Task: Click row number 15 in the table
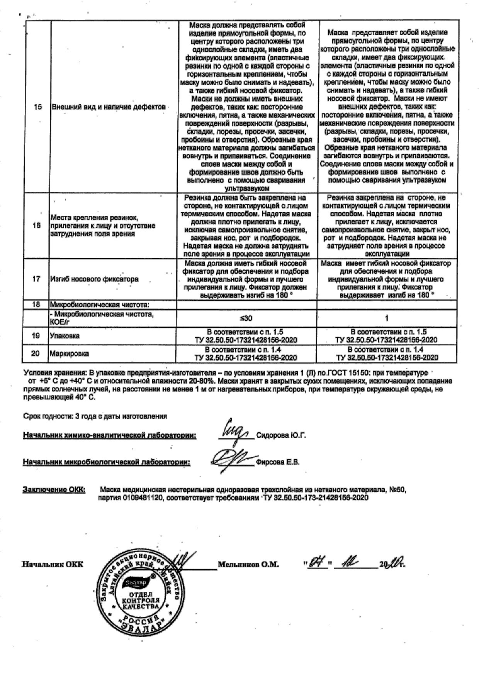click(37, 107)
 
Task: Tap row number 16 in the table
click(36, 225)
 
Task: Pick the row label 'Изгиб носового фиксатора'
click(94, 279)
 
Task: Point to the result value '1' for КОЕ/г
click(387, 318)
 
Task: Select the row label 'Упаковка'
click(65, 336)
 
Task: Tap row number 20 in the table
click(35, 354)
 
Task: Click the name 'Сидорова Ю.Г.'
click(281, 435)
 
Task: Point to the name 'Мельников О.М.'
click(248, 564)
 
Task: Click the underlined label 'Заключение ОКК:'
click(54, 490)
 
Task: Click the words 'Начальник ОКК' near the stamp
click(52, 564)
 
